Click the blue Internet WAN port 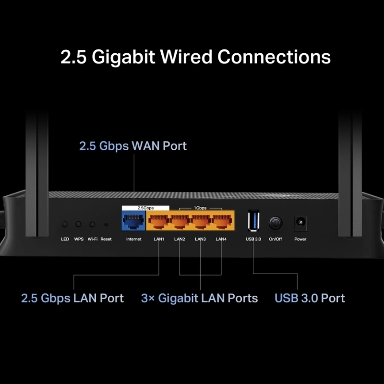click(x=133, y=222)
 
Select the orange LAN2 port click(x=180, y=222)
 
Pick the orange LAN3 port click(x=201, y=222)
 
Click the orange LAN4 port click(x=221, y=222)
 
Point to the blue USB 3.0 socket click(x=253, y=222)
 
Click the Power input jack click(x=300, y=223)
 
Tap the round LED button click(x=65, y=224)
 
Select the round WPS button click(x=79, y=224)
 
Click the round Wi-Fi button click(x=93, y=224)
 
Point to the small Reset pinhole click(x=106, y=224)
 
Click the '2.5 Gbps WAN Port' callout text click(x=133, y=146)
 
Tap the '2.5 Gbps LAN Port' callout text click(x=72, y=298)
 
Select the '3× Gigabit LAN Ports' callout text click(x=199, y=298)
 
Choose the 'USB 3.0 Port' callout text click(x=310, y=298)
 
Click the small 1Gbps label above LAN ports click(x=201, y=208)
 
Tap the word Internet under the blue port click(x=133, y=239)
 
